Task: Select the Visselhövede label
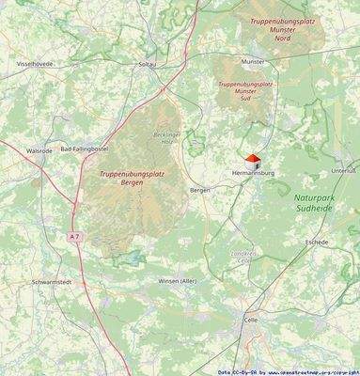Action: (35, 64)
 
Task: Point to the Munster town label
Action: (252, 61)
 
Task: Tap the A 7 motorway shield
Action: (74, 237)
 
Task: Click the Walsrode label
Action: (39, 150)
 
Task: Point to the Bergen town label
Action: (200, 190)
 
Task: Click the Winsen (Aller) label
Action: (177, 281)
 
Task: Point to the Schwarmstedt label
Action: (52, 282)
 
